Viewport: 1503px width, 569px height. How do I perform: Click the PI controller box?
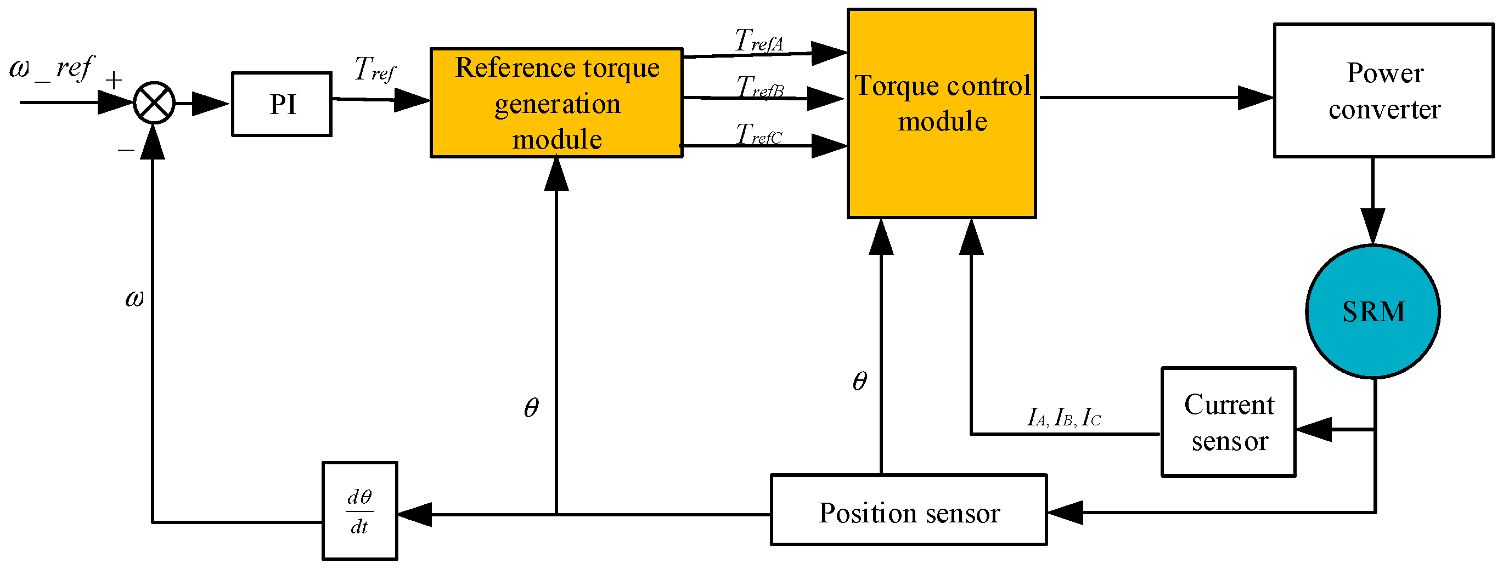282,104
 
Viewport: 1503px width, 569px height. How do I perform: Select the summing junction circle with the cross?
154,103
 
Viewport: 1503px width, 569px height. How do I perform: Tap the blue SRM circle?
1372,311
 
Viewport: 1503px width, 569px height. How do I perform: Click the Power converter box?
1383,90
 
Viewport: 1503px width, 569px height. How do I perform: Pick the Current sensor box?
1228,422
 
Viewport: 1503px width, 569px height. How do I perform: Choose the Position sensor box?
909,510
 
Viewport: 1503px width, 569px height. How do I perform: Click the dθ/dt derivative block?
360,511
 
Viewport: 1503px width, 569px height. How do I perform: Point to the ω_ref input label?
52,69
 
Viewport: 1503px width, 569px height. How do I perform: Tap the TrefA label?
758,41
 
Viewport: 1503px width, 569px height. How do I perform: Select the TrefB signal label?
759,88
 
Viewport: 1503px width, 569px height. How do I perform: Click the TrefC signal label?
758,135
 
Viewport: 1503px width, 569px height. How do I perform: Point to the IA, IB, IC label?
1063,417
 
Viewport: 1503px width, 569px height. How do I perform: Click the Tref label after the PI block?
375,70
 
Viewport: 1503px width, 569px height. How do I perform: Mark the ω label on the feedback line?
134,299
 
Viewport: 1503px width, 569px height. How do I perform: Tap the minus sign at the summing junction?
126,150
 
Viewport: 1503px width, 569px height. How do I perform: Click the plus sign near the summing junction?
114,80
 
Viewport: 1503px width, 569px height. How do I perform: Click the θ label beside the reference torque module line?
531,407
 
